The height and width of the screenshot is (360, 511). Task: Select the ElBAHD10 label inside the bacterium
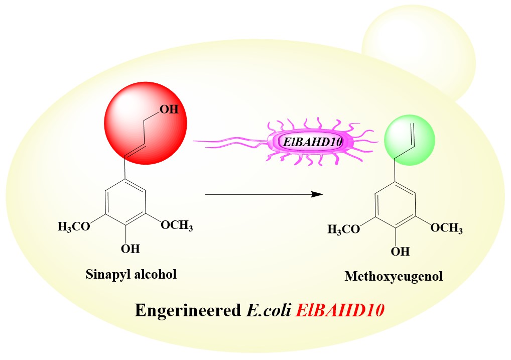(313, 142)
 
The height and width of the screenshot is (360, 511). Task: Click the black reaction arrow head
(316, 194)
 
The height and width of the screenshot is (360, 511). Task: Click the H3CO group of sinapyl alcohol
(74, 227)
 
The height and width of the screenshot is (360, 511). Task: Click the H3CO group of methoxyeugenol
(344, 229)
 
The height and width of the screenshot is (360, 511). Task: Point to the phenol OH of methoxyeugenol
(400, 251)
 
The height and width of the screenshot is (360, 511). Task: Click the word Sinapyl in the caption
(103, 274)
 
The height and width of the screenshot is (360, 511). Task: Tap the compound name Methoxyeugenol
(394, 276)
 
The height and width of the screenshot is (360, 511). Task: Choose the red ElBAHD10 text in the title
(340, 310)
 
